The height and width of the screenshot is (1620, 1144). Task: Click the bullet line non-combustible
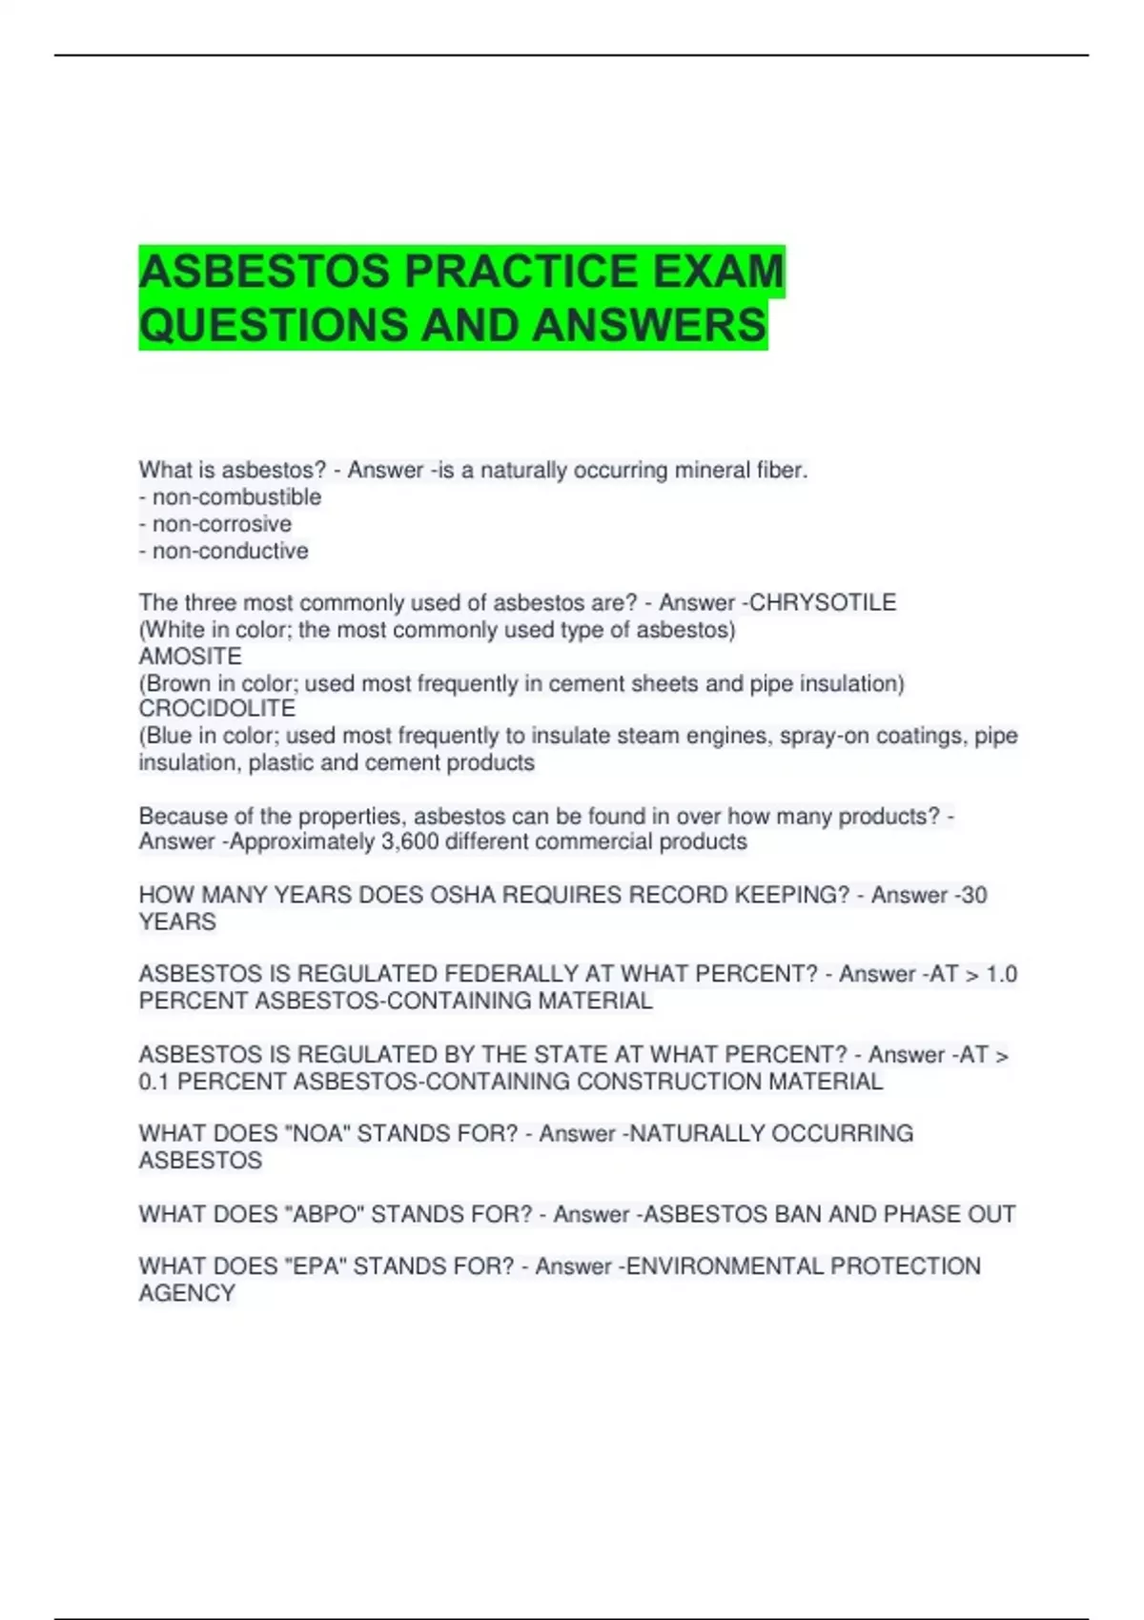tap(231, 497)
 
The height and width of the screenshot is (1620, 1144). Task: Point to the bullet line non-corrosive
tap(216, 524)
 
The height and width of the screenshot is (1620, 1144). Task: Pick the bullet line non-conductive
tap(224, 551)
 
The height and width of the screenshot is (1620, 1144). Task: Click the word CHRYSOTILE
tap(824, 603)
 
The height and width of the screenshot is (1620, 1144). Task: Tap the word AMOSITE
tap(191, 657)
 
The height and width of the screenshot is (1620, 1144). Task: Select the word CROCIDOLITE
tap(217, 709)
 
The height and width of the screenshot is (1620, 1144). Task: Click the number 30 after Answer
tap(973, 896)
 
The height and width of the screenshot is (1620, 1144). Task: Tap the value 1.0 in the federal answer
tap(1001, 975)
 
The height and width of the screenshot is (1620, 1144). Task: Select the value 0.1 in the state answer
tap(154, 1083)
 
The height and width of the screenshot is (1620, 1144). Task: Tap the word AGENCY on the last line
tap(187, 1294)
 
